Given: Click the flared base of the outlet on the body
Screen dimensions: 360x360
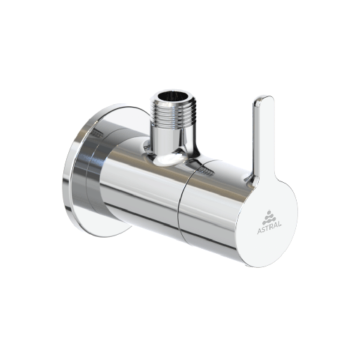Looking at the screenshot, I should (168, 156).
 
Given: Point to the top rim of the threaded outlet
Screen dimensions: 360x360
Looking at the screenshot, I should (173, 89).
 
